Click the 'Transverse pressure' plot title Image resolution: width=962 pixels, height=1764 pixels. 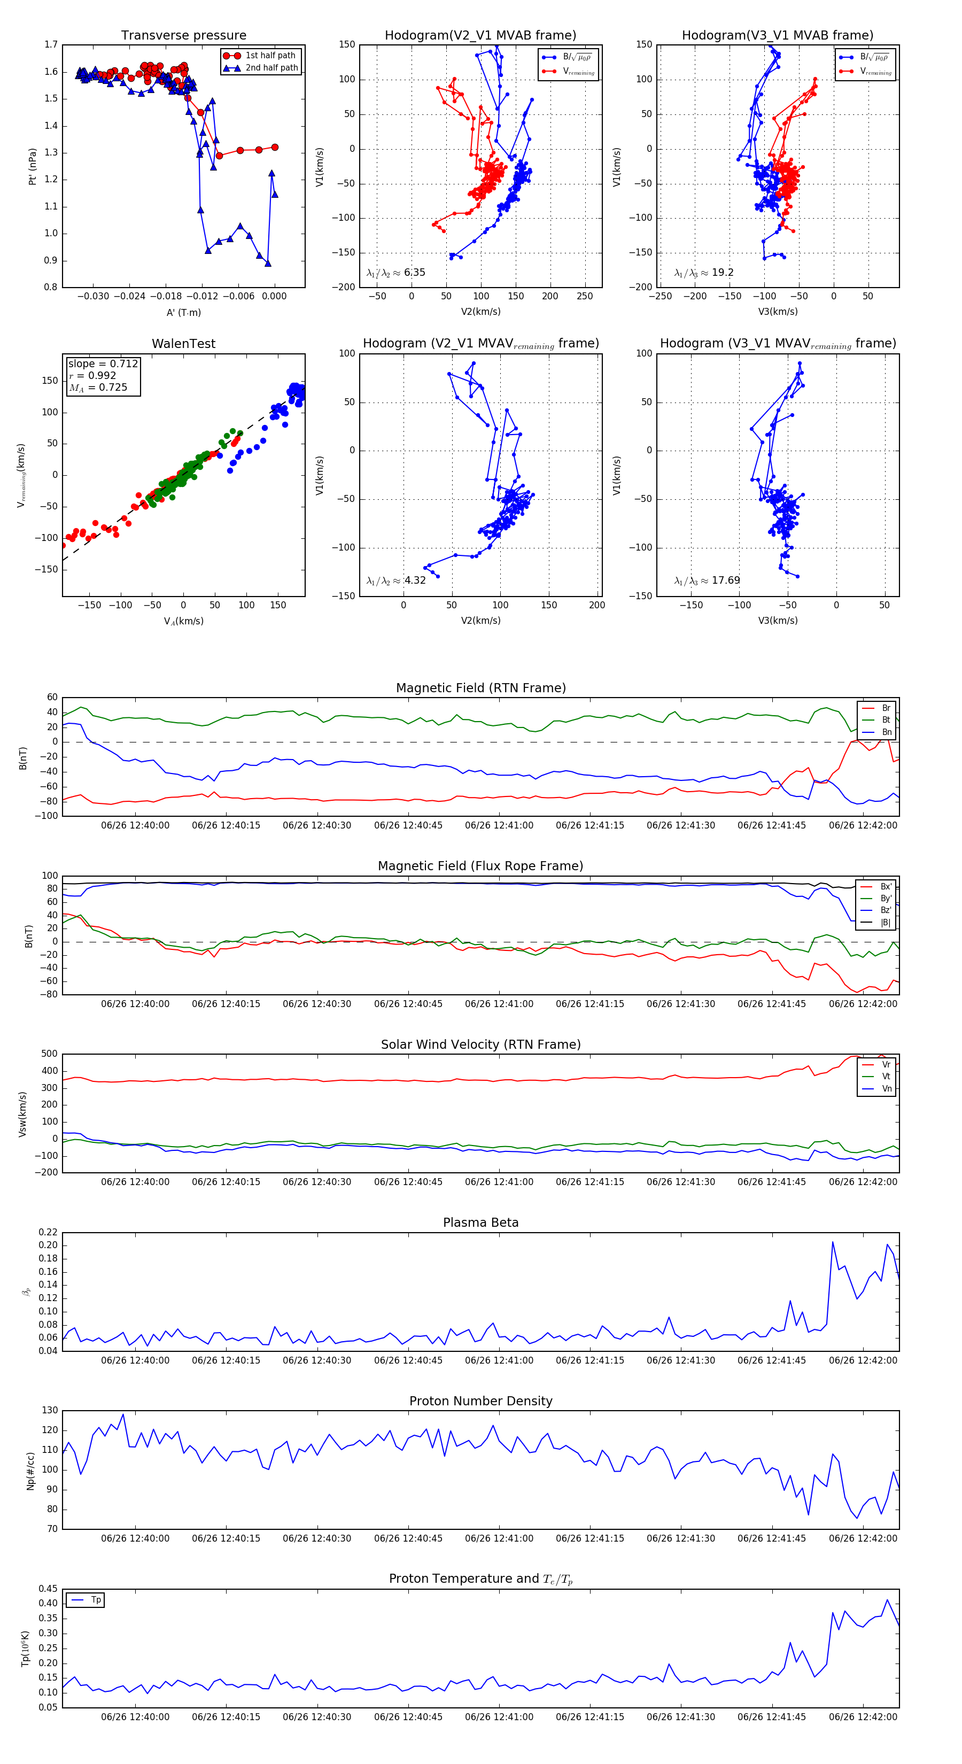pyautogui.click(x=183, y=36)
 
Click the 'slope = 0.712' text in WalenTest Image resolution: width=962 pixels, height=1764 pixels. pyautogui.click(x=103, y=363)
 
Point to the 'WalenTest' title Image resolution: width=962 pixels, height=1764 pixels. pyautogui.click(x=183, y=344)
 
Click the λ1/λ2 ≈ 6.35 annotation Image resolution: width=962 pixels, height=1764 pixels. pyautogui.click(x=395, y=273)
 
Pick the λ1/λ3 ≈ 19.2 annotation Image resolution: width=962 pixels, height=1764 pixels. pyautogui.click(x=704, y=273)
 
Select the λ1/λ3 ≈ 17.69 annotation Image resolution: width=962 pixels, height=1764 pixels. pyautogui.click(x=707, y=581)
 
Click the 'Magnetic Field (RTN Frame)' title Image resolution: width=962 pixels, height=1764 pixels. pyautogui.click(x=480, y=688)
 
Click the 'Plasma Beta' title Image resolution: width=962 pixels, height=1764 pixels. pyautogui.click(x=480, y=1223)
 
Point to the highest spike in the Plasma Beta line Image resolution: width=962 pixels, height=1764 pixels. pyautogui.click(x=833, y=1242)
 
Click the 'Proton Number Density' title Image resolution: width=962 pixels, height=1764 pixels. pyautogui.click(x=480, y=1401)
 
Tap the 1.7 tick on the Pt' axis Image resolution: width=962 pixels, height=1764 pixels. pyautogui.click(x=51, y=44)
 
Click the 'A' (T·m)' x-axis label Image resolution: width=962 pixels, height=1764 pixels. pyautogui.click(x=183, y=312)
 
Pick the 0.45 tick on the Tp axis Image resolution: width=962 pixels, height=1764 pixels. pyautogui.click(x=48, y=1589)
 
